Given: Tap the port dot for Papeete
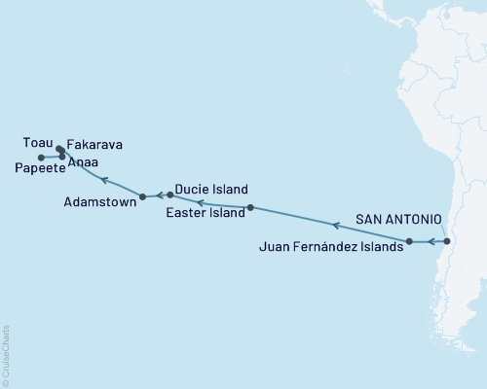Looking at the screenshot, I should pos(41,158).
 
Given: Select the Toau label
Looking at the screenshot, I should pos(36,142).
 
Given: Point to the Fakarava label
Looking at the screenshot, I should pos(96,142).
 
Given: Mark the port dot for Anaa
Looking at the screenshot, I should pos(62,157).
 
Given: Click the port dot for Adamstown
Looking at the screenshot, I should pos(143,195).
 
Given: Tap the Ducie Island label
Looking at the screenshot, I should pos(212,190).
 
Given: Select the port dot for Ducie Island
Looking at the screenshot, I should pos(170,194).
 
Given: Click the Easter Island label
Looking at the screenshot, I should pos(206,213).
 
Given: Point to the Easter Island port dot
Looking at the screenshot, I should pos(250,207).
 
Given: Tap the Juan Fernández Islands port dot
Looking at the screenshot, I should pos(409,241).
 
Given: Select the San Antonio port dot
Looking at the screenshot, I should pos(447,241).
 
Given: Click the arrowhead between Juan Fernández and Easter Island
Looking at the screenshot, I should pos(335,226).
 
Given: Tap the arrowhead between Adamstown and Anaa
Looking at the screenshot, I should pos(103,178).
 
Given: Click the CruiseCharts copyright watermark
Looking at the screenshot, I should pos(6,355).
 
